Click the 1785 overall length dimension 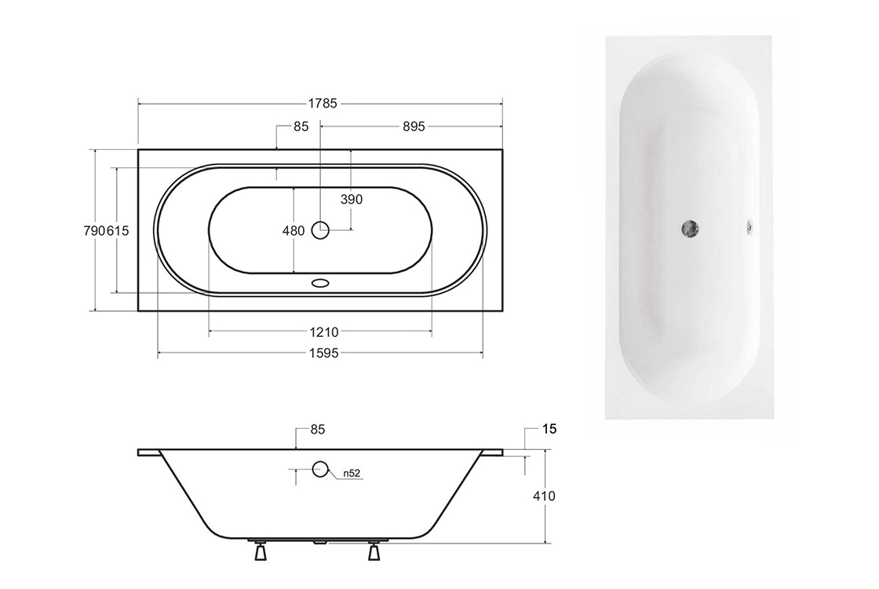click(x=323, y=104)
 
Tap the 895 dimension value click(x=414, y=126)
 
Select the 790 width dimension click(x=94, y=231)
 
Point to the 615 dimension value click(x=118, y=231)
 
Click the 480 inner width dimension click(x=294, y=231)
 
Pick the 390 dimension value click(x=352, y=199)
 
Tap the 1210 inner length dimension click(x=324, y=332)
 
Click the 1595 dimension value click(x=324, y=353)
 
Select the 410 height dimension click(x=545, y=496)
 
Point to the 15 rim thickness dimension click(x=549, y=429)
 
